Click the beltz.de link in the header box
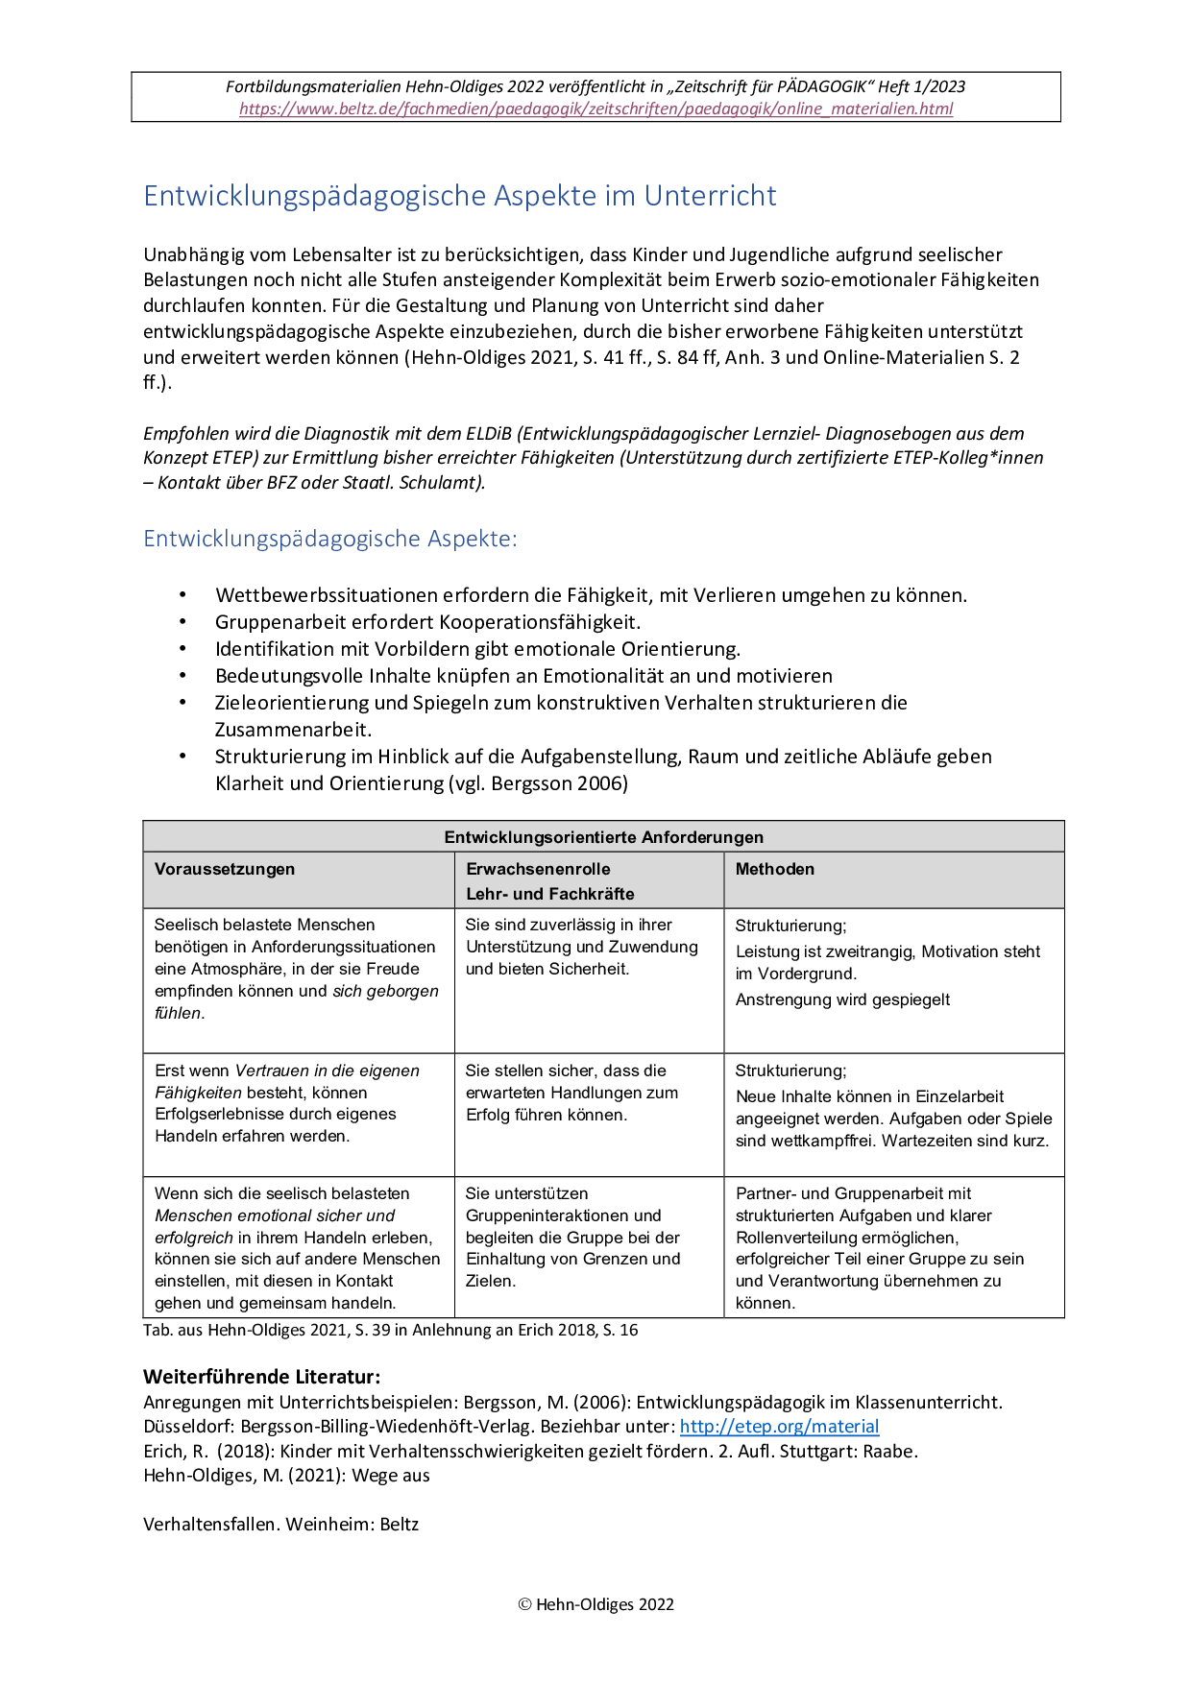tap(595, 108)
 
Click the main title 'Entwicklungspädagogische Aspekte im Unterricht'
tap(459, 196)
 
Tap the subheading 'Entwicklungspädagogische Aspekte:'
tap(329, 539)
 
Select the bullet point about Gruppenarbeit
tap(427, 622)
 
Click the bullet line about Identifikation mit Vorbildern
tap(477, 649)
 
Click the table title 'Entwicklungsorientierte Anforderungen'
tap(603, 837)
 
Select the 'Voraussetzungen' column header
tap(225, 869)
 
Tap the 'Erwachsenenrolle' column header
tap(538, 869)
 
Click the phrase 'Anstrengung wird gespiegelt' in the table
tap(842, 999)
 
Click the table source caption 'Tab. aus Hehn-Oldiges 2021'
tap(390, 1331)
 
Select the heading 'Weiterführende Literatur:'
tap(261, 1377)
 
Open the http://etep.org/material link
tap(779, 1427)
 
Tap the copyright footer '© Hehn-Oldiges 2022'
tap(595, 1604)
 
